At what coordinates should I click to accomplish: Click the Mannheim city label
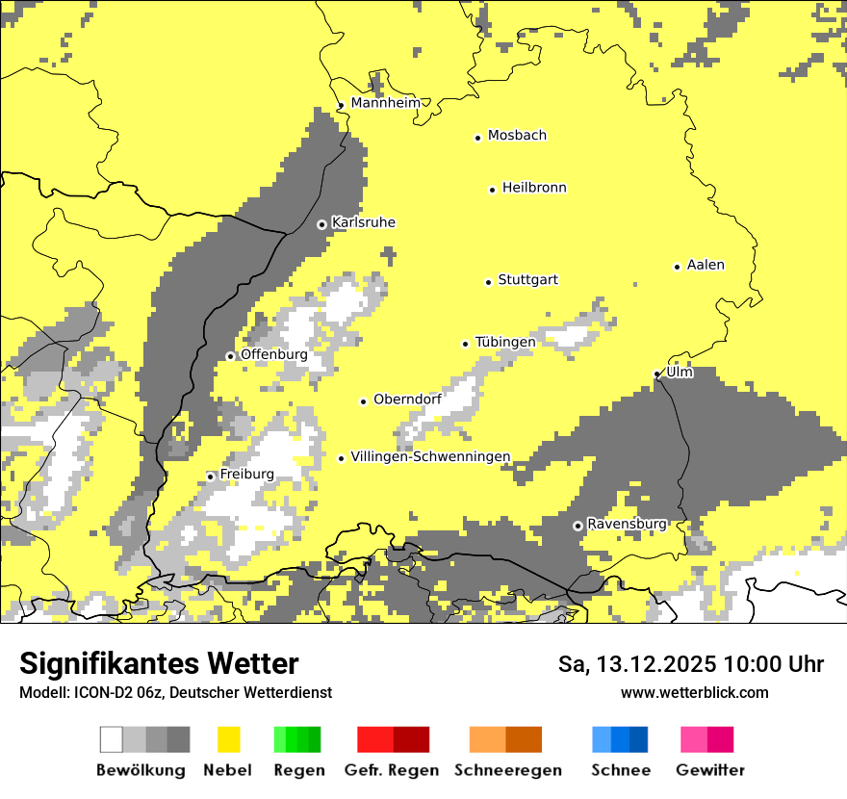coord(386,103)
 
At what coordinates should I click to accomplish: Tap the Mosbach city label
coord(517,136)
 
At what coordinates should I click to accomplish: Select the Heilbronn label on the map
coord(534,188)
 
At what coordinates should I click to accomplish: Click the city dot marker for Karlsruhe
coord(321,224)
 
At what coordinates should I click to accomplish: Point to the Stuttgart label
coord(527,280)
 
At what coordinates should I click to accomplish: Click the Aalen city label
coord(706,265)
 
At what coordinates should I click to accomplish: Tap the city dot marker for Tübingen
coord(466,344)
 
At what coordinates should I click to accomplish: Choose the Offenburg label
coord(274,354)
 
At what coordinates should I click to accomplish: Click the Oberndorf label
coord(407,399)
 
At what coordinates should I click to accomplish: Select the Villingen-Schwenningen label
coord(430,456)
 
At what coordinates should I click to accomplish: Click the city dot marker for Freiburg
coord(210,477)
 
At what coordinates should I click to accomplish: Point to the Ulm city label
coord(680,372)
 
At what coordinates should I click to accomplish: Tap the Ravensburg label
coord(627,524)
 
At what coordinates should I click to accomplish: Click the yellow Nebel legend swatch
coord(228,739)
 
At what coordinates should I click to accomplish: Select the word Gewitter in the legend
coord(710,770)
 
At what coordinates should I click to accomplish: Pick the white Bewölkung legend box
coord(112,739)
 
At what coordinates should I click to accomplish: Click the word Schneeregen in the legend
coord(508,770)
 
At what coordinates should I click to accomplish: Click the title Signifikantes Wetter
coord(159,663)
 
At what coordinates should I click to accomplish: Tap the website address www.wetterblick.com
coord(694,692)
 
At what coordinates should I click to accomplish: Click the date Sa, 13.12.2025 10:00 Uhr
coord(690,664)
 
